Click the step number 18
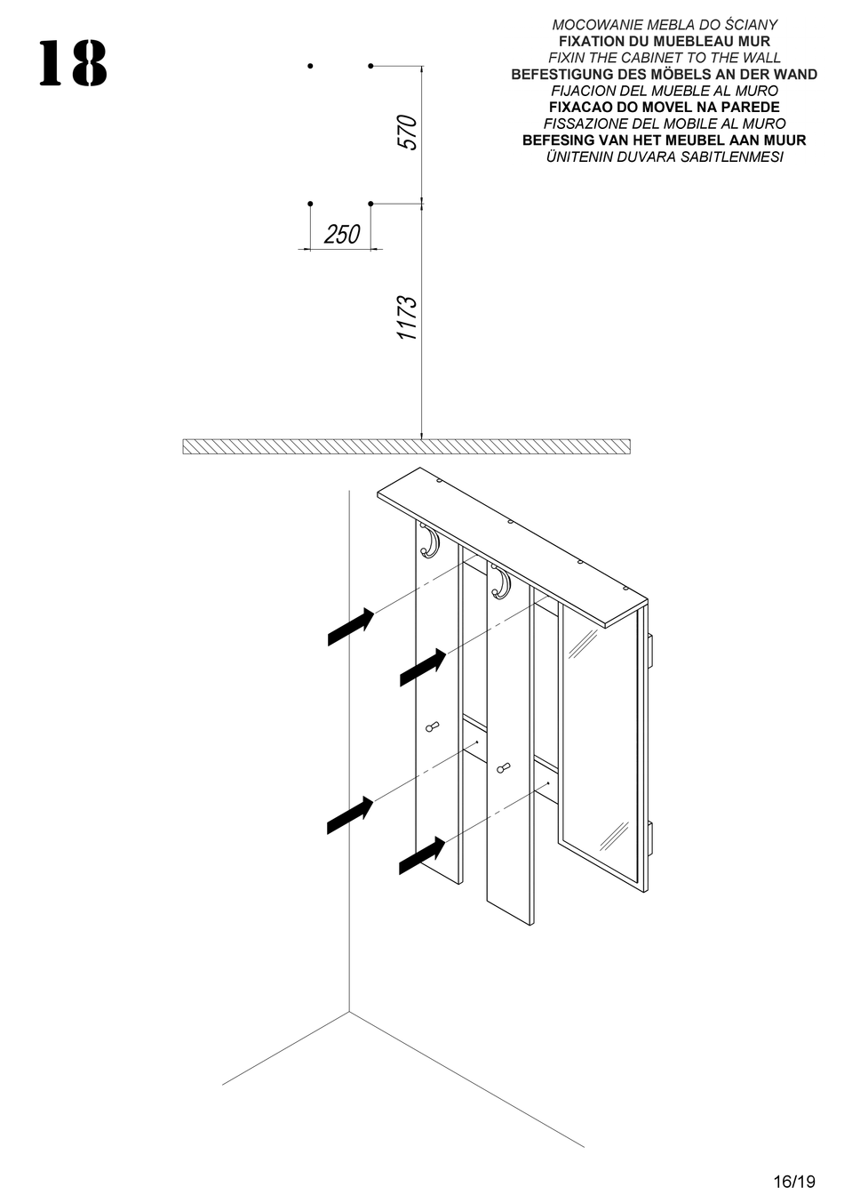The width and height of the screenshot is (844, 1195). [x=73, y=65]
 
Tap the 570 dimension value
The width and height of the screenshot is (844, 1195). [x=407, y=132]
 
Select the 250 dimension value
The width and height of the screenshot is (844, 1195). [x=342, y=234]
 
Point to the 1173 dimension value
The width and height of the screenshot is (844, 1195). [x=407, y=318]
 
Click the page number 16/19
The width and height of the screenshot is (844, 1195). [x=793, y=1182]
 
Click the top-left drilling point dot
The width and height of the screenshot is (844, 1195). [x=310, y=66]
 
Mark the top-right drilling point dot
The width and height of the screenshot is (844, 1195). [x=370, y=66]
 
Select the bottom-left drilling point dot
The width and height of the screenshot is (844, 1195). [x=310, y=205]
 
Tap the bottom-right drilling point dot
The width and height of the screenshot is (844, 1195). [x=370, y=205]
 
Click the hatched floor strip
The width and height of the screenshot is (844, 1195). [x=406, y=446]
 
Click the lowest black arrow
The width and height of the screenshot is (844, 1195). [x=422, y=854]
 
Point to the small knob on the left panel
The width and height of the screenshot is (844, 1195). [x=434, y=727]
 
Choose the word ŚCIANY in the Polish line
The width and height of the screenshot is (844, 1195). [x=749, y=25]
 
